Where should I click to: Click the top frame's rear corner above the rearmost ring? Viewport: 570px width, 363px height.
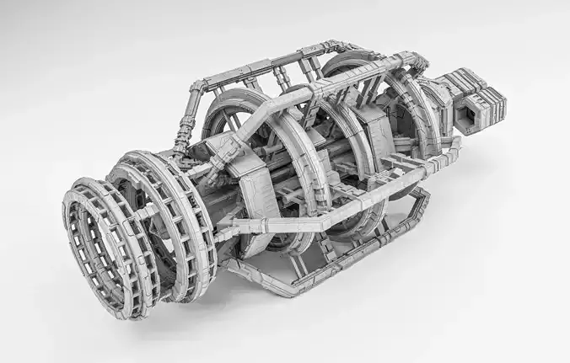click(413, 61)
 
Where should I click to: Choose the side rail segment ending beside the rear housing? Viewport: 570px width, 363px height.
click(438, 152)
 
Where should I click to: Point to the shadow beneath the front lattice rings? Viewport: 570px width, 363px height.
click(186, 299)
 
